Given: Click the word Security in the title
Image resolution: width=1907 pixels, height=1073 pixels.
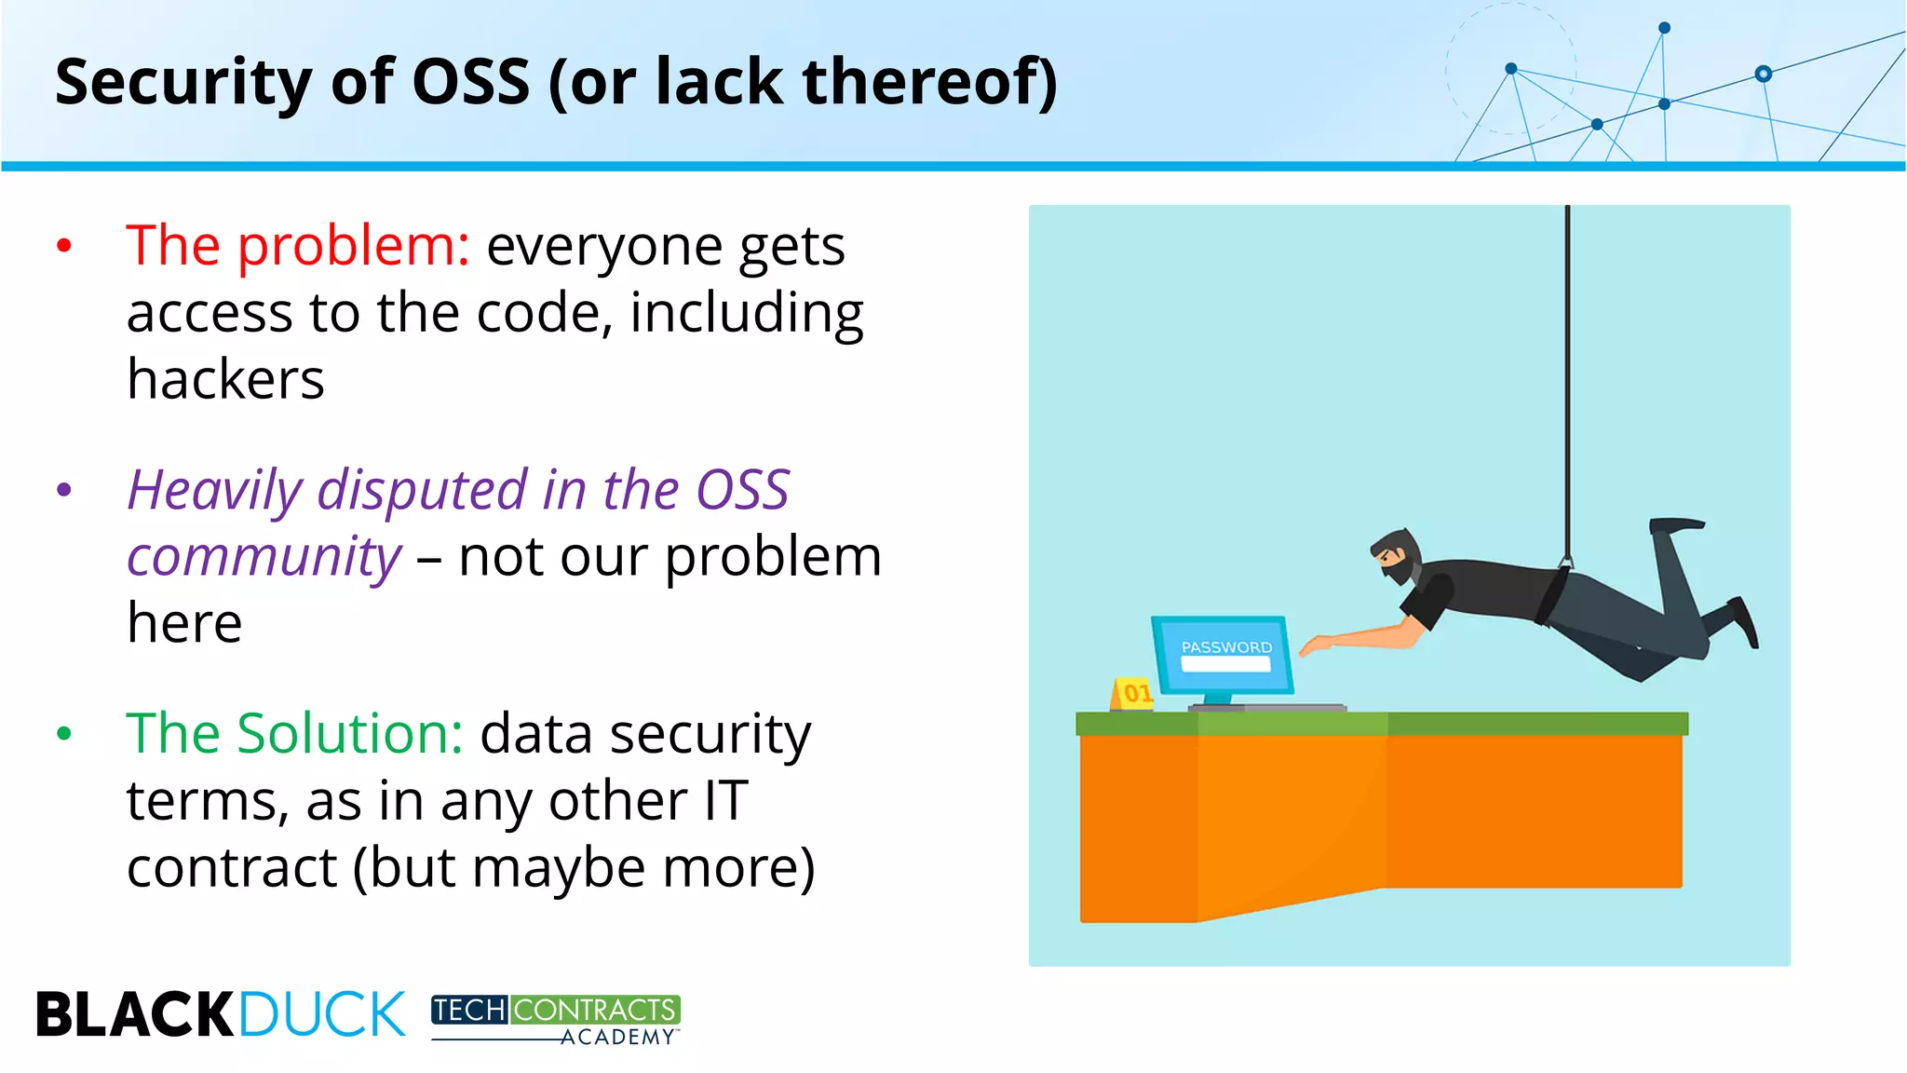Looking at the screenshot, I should click(x=183, y=82).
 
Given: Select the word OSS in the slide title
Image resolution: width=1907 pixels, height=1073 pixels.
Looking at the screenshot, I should click(x=470, y=82).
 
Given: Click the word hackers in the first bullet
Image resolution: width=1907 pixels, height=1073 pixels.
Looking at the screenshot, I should click(x=225, y=380).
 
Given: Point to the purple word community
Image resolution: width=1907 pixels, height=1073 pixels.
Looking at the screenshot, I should click(x=264, y=557).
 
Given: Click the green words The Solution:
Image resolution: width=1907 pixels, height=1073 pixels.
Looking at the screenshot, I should click(x=294, y=734).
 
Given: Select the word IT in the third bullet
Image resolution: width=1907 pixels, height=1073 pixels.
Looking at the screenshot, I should click(x=725, y=801).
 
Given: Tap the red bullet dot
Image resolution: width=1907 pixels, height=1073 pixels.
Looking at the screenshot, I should click(x=64, y=247).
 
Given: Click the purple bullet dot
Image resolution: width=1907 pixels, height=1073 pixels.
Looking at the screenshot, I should click(x=64, y=490).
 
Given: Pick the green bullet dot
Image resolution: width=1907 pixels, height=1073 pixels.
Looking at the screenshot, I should click(x=64, y=734).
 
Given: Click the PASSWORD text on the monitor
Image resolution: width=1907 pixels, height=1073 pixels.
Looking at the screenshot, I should click(x=1226, y=646).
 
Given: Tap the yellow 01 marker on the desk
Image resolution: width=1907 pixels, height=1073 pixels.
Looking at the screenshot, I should click(x=1133, y=693).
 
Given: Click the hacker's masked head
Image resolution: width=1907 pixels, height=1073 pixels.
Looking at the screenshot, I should click(x=1396, y=555).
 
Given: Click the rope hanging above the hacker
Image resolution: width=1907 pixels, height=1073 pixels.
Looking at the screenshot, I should click(x=1568, y=373).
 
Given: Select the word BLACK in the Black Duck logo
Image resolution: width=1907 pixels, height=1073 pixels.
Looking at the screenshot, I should click(x=135, y=1014).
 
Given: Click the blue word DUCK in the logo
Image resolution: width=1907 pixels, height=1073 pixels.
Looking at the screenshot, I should click(x=322, y=1014).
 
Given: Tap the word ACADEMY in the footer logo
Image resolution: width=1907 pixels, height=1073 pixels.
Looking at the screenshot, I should click(x=617, y=1038).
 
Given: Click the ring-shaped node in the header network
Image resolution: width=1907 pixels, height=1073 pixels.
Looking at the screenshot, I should click(x=1763, y=74).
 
